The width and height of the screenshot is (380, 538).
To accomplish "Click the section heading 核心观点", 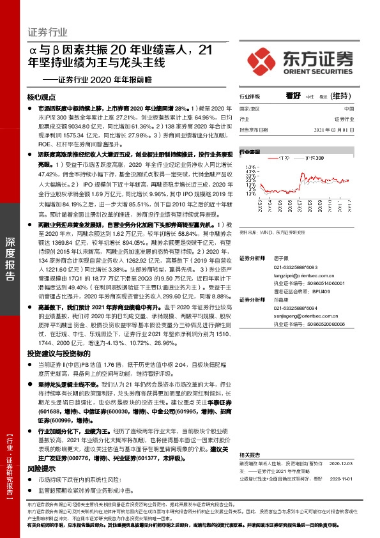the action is coord(42,98).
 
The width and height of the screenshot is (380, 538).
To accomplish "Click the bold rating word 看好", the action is coord(294,96).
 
